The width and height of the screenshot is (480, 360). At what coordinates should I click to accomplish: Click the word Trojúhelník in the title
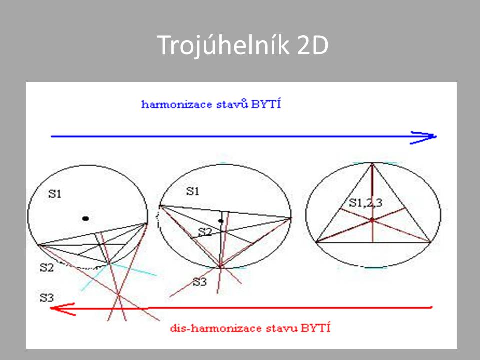[x=223, y=45]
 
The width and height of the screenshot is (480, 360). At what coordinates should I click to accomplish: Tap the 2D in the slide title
[x=313, y=45]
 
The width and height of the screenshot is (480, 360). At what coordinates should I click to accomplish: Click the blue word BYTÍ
[x=266, y=104]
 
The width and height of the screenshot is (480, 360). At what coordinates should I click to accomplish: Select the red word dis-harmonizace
[x=216, y=328]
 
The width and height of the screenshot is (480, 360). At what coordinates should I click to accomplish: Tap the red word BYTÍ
[x=316, y=328]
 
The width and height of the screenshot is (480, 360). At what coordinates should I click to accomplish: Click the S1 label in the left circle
[x=55, y=194]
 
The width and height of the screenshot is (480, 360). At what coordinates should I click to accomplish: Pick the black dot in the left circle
[x=86, y=218]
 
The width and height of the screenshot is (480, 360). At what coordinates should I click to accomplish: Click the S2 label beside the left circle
[x=47, y=268]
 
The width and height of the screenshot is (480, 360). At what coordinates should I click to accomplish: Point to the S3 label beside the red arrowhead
[x=47, y=298]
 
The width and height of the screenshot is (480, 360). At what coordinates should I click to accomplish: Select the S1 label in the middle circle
[x=193, y=191]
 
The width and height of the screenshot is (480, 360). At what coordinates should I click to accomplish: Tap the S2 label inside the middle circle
[x=205, y=232]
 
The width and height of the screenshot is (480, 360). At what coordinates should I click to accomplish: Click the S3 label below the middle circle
[x=200, y=282]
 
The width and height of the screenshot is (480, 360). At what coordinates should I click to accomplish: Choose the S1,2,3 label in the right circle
[x=366, y=202]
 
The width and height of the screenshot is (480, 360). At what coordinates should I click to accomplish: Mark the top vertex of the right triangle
[x=372, y=164]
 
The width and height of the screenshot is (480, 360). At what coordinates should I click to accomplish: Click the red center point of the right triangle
[x=372, y=220]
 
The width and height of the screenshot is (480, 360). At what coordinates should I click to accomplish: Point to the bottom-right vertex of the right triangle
[x=431, y=243]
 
